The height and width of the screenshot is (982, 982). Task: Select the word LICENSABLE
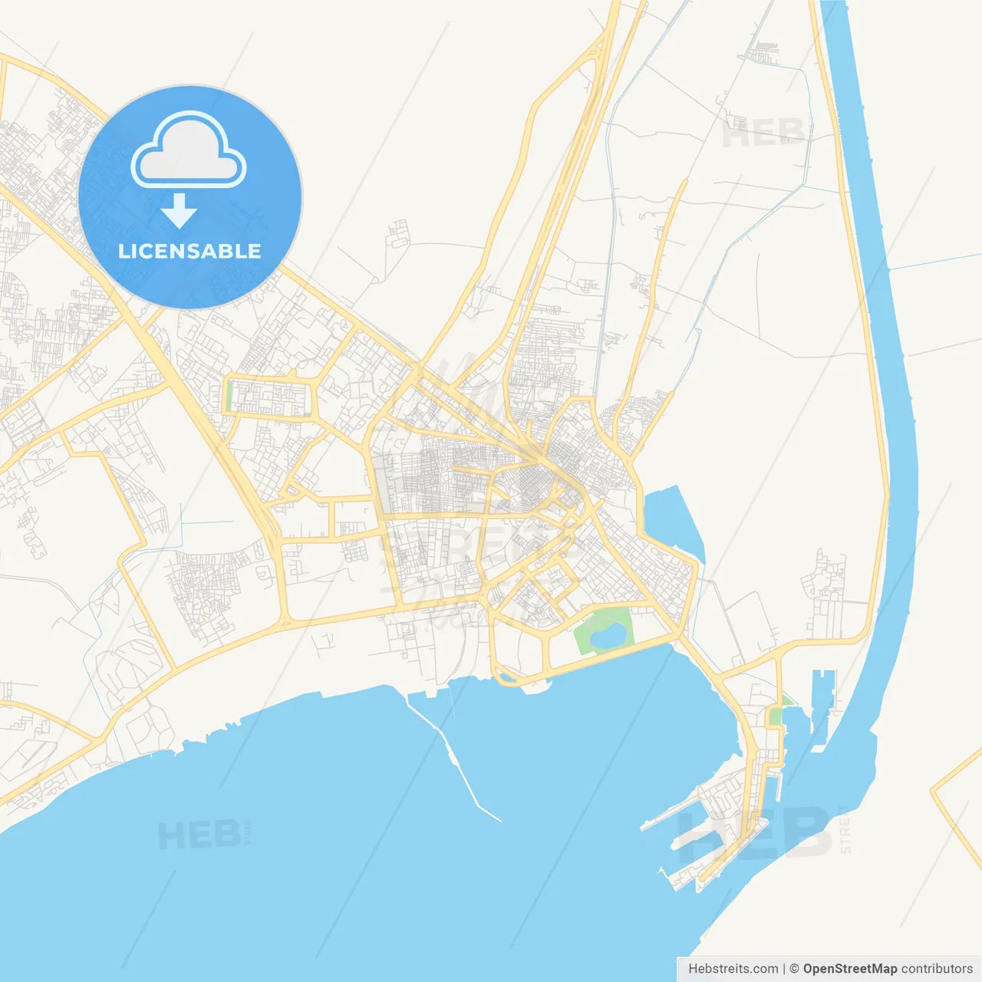point(189,251)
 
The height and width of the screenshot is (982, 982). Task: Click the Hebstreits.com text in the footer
point(733,969)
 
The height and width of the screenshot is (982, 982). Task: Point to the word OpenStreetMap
point(849,969)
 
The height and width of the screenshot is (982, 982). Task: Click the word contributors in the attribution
point(937,969)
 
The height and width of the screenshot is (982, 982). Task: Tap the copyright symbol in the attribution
point(794,969)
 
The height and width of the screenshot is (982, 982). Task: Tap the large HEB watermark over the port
point(756,832)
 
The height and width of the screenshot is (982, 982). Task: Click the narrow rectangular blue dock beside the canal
point(822,706)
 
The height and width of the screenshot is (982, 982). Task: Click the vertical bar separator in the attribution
point(784,969)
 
